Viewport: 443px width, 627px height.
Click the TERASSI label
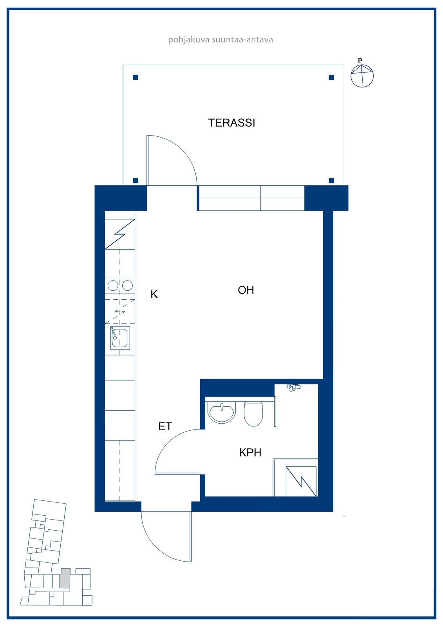pyautogui.click(x=231, y=123)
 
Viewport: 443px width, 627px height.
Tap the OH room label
pyautogui.click(x=246, y=290)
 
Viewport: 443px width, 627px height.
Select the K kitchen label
pyautogui.click(x=154, y=294)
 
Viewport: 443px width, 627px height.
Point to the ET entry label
pyautogui.click(x=165, y=426)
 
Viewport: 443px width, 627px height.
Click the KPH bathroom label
pyautogui.click(x=250, y=453)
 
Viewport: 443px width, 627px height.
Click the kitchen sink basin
pyautogui.click(x=120, y=337)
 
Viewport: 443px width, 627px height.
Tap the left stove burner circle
pyautogui.click(x=113, y=286)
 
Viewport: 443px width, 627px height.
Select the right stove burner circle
pyautogui.click(x=127, y=286)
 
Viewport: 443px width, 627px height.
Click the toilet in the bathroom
pyautogui.click(x=253, y=414)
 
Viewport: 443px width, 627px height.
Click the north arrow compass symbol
pyautogui.click(x=362, y=76)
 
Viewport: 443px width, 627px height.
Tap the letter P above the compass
pyautogui.click(x=360, y=60)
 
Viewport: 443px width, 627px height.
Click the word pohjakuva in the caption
pyautogui.click(x=189, y=40)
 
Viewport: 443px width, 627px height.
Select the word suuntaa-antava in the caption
pyautogui.click(x=242, y=40)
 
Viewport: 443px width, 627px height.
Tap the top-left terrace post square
pyautogui.click(x=136, y=78)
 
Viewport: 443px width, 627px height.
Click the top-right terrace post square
pyautogui.click(x=331, y=78)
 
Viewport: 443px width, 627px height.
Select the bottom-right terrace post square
pyautogui.click(x=331, y=180)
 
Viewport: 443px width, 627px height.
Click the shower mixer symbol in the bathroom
pyautogui.click(x=293, y=388)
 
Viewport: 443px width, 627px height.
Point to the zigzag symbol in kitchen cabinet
pyautogui.click(x=120, y=234)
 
